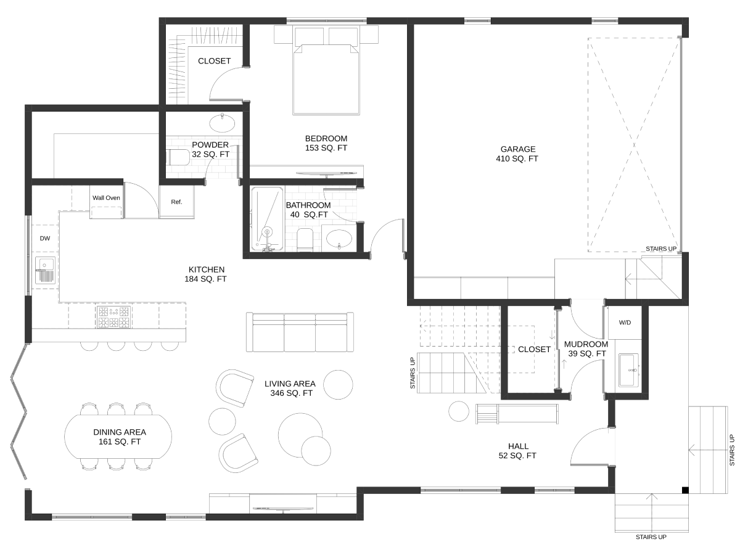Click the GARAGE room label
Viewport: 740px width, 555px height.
(x=517, y=149)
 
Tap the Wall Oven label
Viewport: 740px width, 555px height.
(x=106, y=198)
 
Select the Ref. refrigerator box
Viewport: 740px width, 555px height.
(x=176, y=202)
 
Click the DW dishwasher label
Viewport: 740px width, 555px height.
(x=45, y=238)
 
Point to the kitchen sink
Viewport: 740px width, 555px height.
(x=45, y=270)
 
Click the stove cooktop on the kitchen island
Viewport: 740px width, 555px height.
(x=113, y=317)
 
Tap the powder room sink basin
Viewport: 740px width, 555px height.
(x=222, y=123)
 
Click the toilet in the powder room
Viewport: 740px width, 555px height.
(x=179, y=157)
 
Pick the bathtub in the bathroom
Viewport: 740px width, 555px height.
(x=268, y=219)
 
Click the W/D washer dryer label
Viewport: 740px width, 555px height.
(x=625, y=323)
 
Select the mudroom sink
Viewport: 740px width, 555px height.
(x=629, y=370)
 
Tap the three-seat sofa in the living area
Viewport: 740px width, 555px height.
(x=300, y=332)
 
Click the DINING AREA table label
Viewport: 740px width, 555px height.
(x=120, y=432)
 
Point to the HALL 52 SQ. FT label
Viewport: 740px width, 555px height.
(x=517, y=451)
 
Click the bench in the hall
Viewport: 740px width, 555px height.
(x=517, y=414)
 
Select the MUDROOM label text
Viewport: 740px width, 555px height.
(x=586, y=344)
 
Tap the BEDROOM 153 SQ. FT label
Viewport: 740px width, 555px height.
(x=326, y=143)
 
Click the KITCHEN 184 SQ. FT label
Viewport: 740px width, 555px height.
(x=205, y=274)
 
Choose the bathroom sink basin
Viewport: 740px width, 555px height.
(x=340, y=239)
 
